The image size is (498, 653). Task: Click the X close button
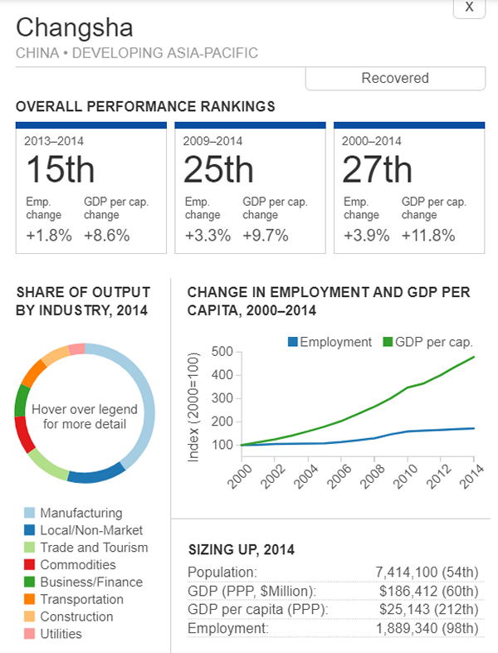(x=469, y=7)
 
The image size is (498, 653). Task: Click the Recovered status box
(x=395, y=78)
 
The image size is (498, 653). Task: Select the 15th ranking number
(x=60, y=170)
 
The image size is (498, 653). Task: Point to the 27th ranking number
(x=377, y=170)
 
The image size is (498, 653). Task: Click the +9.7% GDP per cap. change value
(x=266, y=235)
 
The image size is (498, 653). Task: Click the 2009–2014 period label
(x=212, y=141)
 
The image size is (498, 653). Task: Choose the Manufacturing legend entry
(x=81, y=513)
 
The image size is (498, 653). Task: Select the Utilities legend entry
(x=61, y=634)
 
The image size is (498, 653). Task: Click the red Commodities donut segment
(x=25, y=434)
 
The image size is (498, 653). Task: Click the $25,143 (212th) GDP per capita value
(x=428, y=610)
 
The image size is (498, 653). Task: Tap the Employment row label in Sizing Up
(x=227, y=629)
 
